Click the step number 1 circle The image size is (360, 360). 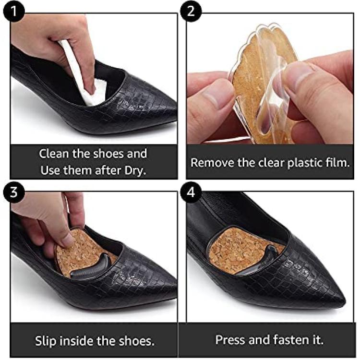coord(13,11)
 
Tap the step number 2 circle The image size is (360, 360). coord(191,11)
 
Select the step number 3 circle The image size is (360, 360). coord(13,192)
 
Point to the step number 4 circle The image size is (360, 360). coord(191,192)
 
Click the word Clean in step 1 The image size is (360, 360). coord(54,154)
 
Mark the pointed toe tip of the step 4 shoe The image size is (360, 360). coord(344,300)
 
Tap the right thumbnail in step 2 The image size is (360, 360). coord(296,78)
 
